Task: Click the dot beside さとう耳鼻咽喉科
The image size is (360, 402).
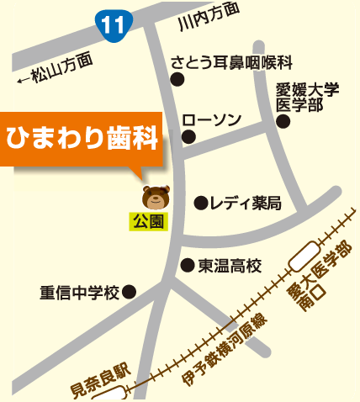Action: pyautogui.click(x=177, y=80)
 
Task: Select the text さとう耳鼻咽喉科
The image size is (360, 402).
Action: pyautogui.click(x=231, y=63)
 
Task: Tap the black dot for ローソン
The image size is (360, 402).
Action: pyautogui.click(x=188, y=136)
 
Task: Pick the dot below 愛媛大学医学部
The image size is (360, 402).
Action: pyautogui.click(x=283, y=122)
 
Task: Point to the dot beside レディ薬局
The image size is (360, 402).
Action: pyautogui.click(x=201, y=203)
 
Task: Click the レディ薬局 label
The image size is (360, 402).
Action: pyautogui.click(x=246, y=203)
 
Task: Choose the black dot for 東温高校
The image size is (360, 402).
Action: pyautogui.click(x=188, y=265)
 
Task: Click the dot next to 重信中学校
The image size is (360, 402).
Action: pyautogui.click(x=130, y=293)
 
